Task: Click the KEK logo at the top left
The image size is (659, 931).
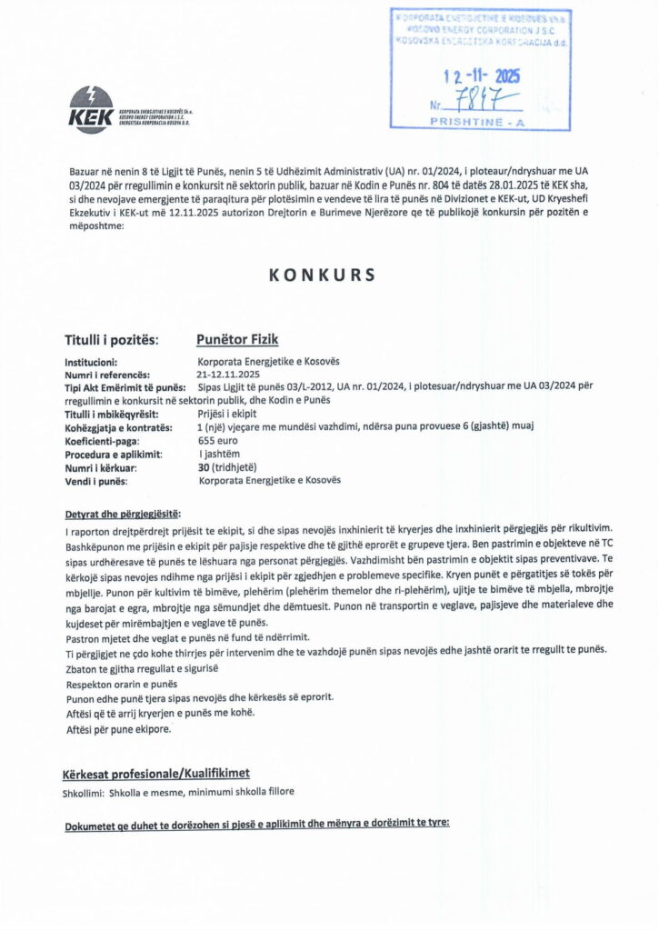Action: click(91, 111)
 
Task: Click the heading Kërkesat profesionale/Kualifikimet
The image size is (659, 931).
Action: click(155, 775)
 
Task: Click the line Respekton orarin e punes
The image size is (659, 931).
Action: click(123, 683)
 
